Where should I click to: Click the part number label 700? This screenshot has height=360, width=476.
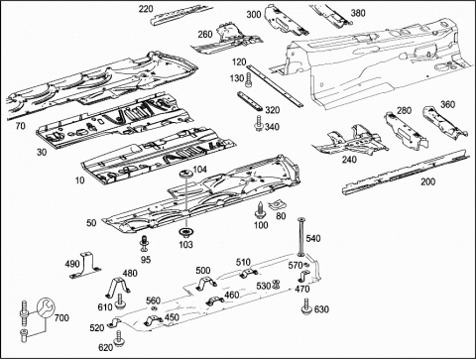tap(61, 318)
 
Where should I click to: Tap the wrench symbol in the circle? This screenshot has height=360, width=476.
tap(46, 308)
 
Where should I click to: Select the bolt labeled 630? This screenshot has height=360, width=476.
tap(306, 305)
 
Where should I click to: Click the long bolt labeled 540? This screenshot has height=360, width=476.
tap(301, 237)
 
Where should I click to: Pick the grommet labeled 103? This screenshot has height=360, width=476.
tap(185, 233)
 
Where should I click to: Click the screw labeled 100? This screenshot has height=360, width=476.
tap(260, 210)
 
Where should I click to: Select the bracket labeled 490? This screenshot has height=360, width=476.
tap(85, 265)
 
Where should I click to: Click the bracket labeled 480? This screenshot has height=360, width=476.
tap(118, 288)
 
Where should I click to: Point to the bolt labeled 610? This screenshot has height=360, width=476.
tap(120, 301)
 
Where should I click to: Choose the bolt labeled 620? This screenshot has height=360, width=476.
tap(118, 338)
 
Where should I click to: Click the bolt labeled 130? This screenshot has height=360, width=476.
tap(248, 80)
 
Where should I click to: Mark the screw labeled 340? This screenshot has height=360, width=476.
tap(259, 123)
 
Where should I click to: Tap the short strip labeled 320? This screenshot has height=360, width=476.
tap(250, 101)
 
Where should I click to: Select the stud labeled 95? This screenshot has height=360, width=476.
tap(144, 243)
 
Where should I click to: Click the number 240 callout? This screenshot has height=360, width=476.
tap(349, 160)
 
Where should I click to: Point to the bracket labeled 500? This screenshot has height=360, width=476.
tap(206, 284)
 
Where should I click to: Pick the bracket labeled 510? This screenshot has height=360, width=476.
tap(248, 273)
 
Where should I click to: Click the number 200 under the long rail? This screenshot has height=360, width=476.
tap(427, 181)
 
